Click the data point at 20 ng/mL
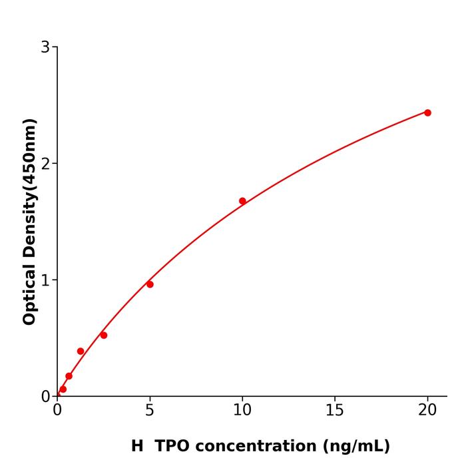[427, 113]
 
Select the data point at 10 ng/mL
[242, 201]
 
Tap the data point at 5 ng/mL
[150, 284]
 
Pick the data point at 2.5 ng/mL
[104, 335]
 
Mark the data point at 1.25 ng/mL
[81, 351]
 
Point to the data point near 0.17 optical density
[69, 376]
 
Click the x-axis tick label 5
[150, 410]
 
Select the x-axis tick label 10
[242, 410]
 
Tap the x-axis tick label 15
[335, 410]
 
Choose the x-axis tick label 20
[427, 410]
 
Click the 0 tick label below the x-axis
[57, 410]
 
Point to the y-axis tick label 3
[45, 47]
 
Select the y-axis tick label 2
[45, 164]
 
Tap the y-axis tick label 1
[45, 280]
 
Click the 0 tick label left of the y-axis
[45, 397]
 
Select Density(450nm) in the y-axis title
[29, 188]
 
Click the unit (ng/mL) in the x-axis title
[355, 446]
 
